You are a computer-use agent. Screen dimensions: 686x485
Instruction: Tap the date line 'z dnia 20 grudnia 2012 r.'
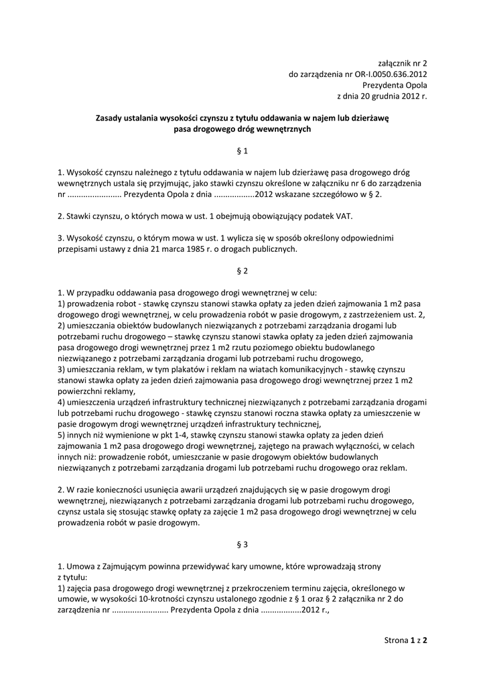point(382,96)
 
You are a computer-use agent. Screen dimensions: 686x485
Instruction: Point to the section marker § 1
point(242,151)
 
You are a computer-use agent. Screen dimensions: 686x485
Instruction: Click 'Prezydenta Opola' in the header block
point(395,85)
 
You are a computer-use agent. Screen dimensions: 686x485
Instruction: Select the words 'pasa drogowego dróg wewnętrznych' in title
point(242,129)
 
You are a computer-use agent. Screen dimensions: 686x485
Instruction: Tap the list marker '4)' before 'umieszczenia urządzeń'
point(62,402)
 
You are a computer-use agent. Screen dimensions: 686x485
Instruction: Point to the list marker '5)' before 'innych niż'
point(62,435)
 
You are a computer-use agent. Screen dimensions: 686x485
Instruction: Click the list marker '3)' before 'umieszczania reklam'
point(62,369)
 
